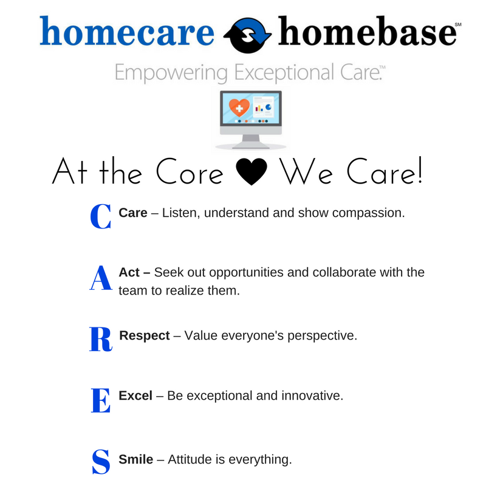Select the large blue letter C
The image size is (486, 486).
pos(100,217)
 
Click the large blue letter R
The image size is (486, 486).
pos(100,339)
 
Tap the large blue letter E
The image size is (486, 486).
pos(100,400)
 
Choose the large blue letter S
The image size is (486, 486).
pos(100,461)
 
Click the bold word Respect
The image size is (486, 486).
pos(145,335)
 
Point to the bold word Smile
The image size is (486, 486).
pos(135,459)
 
